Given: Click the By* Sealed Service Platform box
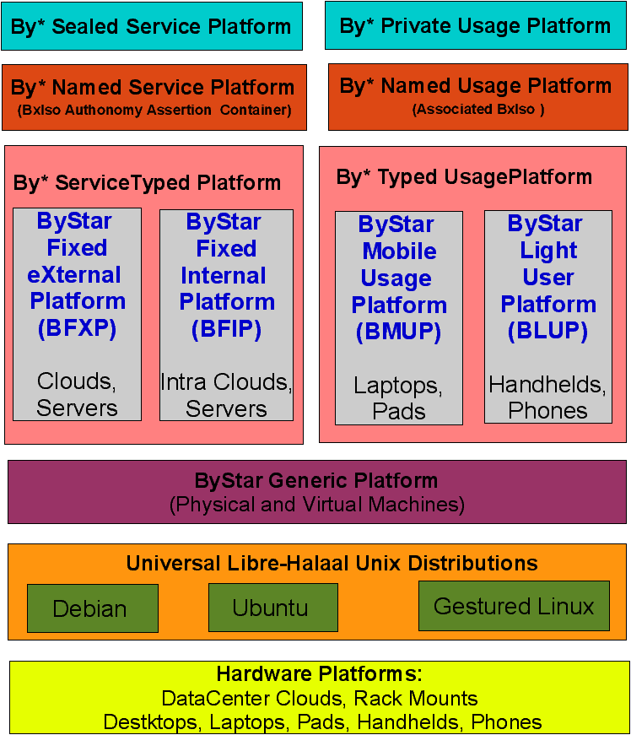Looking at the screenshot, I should coord(152,26).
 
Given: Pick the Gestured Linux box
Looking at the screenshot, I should coord(514,606).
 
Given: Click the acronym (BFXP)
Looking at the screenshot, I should coord(78,329).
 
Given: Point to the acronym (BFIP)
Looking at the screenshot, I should coord(226,329).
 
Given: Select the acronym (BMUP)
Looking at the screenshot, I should coord(398,332).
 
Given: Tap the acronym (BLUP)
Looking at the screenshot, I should coord(547,331).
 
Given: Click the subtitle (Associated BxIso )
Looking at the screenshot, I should coord(478,109).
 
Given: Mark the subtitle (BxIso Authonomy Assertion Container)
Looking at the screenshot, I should coord(154,110).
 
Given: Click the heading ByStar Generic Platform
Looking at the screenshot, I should coord(316,481).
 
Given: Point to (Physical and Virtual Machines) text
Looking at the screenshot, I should coord(317,505).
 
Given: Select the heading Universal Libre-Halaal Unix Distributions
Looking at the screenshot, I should coord(332,563).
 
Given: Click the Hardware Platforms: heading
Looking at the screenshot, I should coord(319,674).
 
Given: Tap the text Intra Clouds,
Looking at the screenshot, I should coord(226,382).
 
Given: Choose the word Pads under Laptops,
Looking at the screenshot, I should coord(399,411).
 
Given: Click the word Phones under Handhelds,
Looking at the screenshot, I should coord(547,410).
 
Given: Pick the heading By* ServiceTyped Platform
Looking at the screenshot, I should coord(147,182).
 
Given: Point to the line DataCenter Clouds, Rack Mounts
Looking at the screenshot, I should coord(319,699).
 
